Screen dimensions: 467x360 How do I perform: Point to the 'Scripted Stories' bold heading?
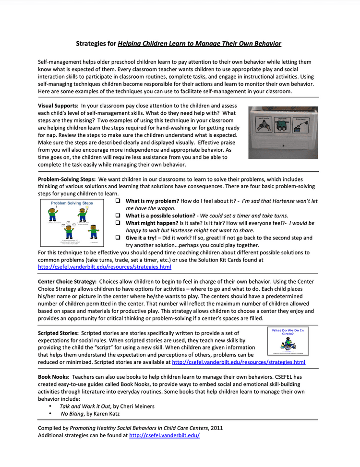pyautogui.click(x=58, y=333)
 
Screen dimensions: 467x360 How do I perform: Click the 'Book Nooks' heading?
pyautogui.click(x=54, y=377)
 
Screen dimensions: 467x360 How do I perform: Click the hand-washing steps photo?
pyautogui.click(x=283, y=132)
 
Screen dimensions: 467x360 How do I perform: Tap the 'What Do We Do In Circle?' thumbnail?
pyautogui.click(x=288, y=341)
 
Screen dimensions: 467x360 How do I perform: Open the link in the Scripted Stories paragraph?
pyautogui.click(x=238, y=362)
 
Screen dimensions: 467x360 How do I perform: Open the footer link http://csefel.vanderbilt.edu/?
pyautogui.click(x=164, y=435)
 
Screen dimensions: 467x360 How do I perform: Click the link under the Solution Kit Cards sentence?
pyautogui.click(x=104, y=267)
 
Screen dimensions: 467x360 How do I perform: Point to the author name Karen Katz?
pyautogui.click(x=107, y=413)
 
